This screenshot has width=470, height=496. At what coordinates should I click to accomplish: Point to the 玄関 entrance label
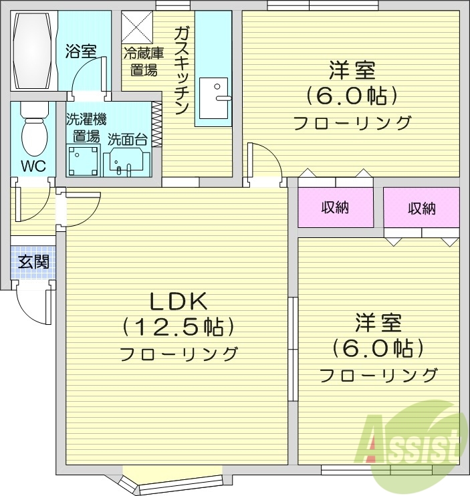coord(33,261)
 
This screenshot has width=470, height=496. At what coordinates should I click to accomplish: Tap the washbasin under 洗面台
coord(126,161)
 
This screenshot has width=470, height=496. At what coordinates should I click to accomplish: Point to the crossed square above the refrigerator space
coord(137,27)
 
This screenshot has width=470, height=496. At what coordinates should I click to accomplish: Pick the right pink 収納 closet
coord(421,208)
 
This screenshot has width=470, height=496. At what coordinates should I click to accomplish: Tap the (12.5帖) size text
coord(179,327)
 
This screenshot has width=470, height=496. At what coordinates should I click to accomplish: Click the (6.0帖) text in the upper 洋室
coord(352,96)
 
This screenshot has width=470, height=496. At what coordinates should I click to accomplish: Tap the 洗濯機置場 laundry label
coord(86,128)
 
